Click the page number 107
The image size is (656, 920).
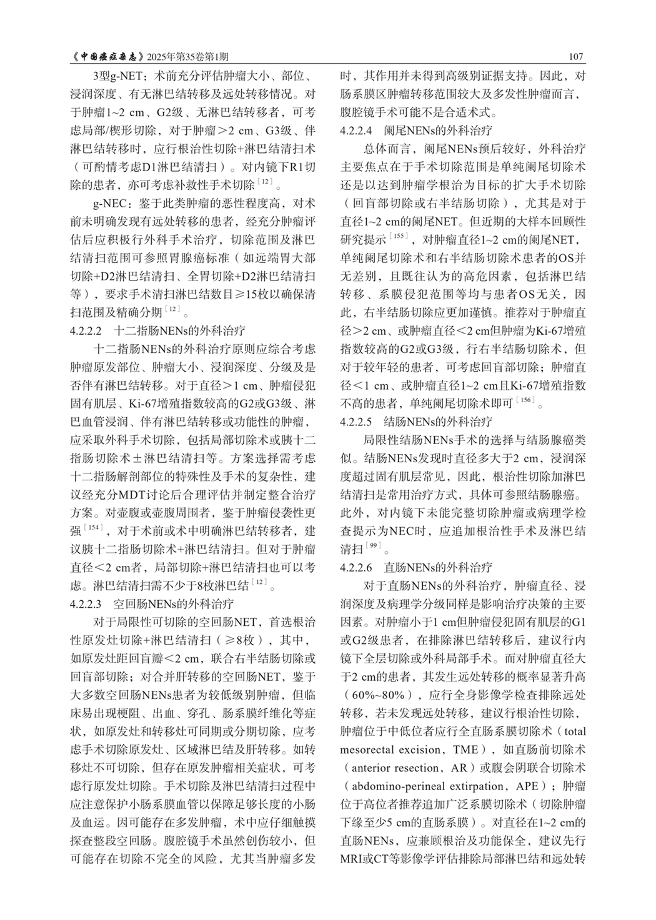[x=575, y=57]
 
